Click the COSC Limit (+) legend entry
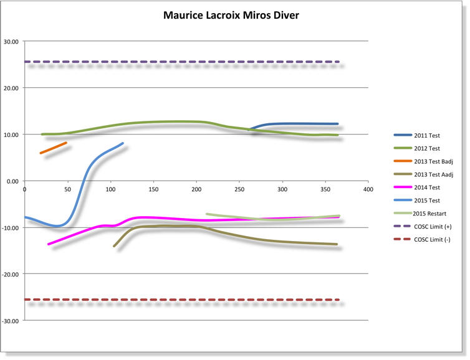click(x=434, y=226)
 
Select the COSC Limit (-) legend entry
click(x=433, y=240)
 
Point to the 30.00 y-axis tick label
click(x=11, y=42)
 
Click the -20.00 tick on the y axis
click(x=10, y=274)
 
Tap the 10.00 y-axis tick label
click(x=11, y=135)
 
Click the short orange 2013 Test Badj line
click(x=54, y=148)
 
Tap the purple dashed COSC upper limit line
click(x=187, y=62)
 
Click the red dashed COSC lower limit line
click(x=187, y=300)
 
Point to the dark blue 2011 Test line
click(x=299, y=123)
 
